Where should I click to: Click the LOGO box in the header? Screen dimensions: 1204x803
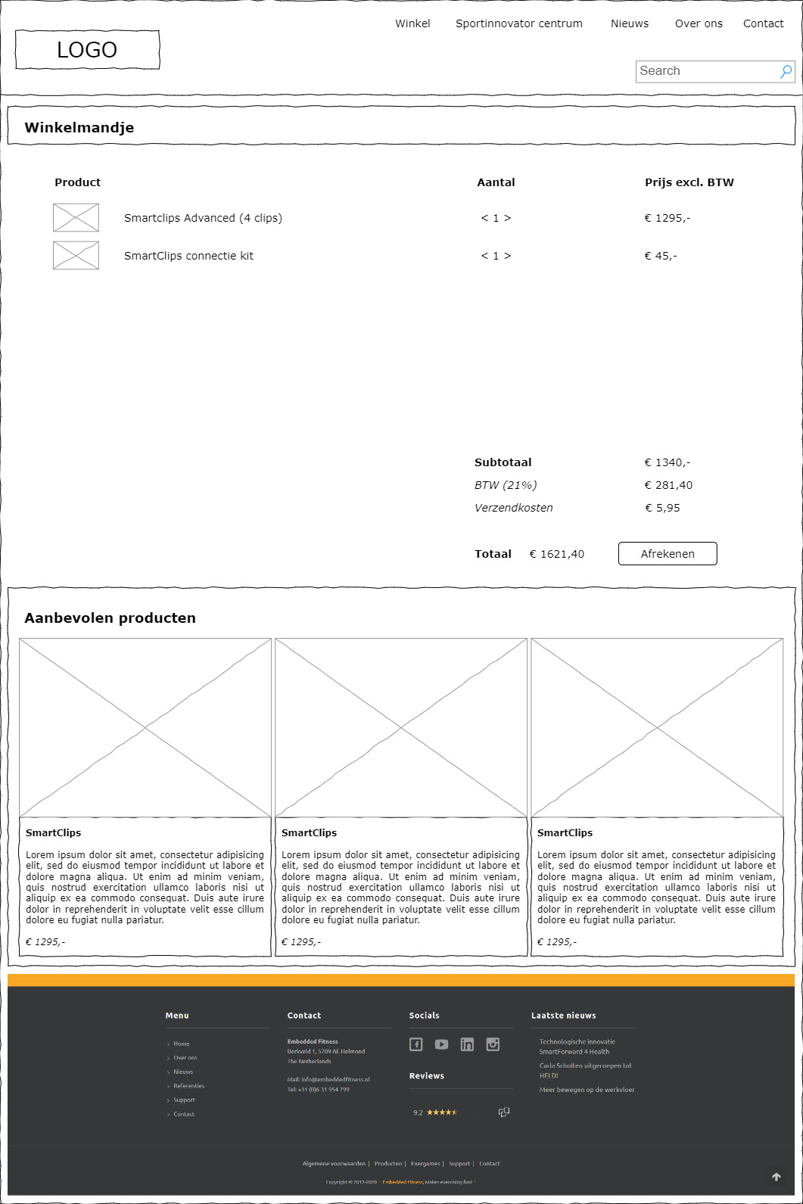(87, 50)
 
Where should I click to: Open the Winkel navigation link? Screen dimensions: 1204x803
(412, 23)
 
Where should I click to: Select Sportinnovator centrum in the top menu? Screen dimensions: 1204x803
(519, 23)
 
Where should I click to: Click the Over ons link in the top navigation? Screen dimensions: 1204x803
(699, 23)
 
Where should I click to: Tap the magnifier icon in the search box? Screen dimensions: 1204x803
(786, 71)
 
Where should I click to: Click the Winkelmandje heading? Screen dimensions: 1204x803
(79, 127)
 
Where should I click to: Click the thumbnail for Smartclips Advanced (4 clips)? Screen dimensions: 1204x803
(76, 217)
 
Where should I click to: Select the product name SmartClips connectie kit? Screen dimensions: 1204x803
(188, 256)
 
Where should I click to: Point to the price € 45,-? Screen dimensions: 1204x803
(661, 256)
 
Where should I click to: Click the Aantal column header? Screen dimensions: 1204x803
(496, 182)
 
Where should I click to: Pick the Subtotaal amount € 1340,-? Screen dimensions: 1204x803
(667, 462)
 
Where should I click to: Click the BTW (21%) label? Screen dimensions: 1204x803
(506, 485)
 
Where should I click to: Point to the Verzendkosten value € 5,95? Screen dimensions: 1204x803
(662, 508)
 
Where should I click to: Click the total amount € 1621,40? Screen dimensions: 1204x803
(557, 554)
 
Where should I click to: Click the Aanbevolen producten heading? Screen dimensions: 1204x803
(110, 618)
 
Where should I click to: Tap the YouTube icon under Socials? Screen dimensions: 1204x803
(441, 1044)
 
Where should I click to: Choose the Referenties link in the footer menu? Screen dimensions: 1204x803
(188, 1086)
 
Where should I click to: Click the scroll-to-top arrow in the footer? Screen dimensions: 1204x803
(776, 1177)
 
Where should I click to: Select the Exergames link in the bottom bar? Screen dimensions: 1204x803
(425, 1164)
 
